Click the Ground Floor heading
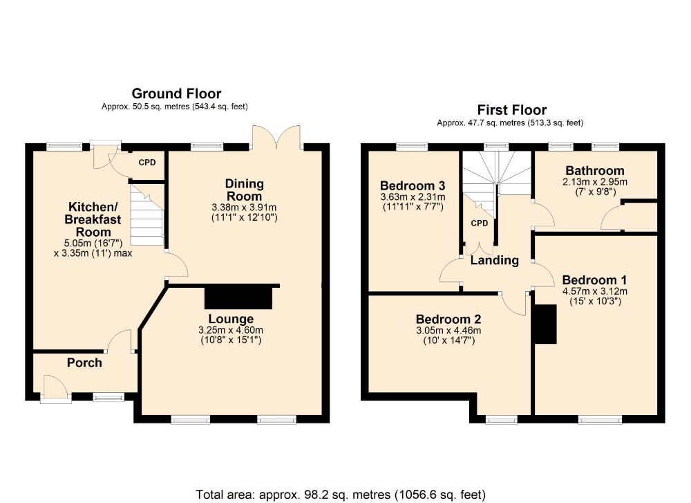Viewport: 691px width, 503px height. pyautogui.click(x=176, y=93)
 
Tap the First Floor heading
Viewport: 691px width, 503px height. pyautogui.click(x=511, y=109)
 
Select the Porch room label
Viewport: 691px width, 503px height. pyautogui.click(x=84, y=363)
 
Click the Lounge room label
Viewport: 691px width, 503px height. pyautogui.click(x=231, y=318)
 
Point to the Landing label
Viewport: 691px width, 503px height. pyautogui.click(x=495, y=260)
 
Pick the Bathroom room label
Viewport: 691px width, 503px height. pyautogui.click(x=594, y=170)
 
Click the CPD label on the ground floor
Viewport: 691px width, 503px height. pyautogui.click(x=147, y=163)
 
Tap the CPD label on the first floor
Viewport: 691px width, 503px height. pyautogui.click(x=480, y=223)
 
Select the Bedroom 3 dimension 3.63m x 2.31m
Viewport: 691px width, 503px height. pyautogui.click(x=413, y=196)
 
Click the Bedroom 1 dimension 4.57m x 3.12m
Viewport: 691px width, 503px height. pyautogui.click(x=594, y=291)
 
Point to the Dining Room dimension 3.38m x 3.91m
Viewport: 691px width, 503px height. pyautogui.click(x=244, y=208)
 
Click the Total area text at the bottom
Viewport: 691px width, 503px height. pyautogui.click(x=341, y=494)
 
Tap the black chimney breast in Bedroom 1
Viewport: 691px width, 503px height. pyautogui.click(x=545, y=324)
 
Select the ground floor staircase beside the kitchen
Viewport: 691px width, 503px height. pyautogui.click(x=148, y=215)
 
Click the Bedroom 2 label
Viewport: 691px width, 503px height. pyautogui.click(x=448, y=319)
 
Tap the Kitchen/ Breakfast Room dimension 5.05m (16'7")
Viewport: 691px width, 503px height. pyautogui.click(x=93, y=243)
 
